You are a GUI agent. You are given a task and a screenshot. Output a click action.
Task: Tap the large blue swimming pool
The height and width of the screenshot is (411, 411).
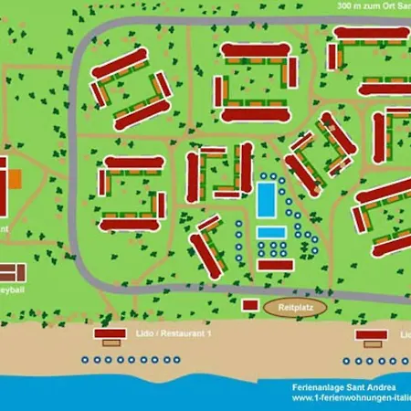pos(267,199)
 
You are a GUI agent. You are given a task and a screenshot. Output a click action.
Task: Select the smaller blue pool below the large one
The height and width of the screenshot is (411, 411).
pos(270,232)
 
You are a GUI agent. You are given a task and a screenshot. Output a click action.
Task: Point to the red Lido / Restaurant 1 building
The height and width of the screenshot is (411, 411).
pos(111,335)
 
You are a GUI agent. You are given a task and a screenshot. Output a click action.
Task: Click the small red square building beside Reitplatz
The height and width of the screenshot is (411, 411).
pos(249,305)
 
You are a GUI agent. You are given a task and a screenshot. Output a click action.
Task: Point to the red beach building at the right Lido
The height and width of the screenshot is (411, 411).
pos(370,335)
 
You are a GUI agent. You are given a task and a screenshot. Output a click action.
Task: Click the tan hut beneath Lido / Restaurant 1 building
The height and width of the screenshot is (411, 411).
pos(111,343)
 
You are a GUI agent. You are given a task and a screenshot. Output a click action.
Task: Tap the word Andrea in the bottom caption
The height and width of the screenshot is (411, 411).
pos(383,386)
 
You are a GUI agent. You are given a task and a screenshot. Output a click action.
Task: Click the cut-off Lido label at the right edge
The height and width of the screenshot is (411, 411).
pos(405,334)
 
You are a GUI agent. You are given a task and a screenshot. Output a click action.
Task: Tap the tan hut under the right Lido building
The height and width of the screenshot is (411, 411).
pos(369,343)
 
